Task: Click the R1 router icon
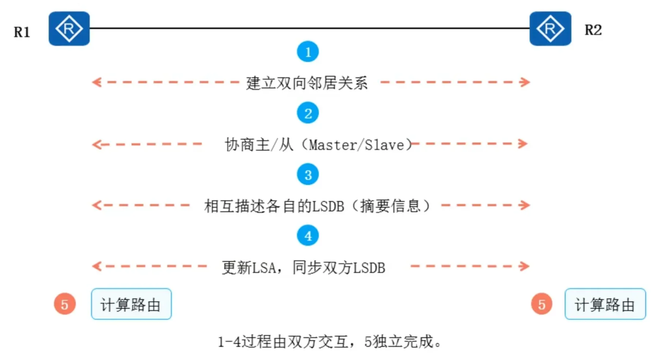coord(69,29)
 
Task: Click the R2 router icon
coord(550,29)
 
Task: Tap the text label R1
coord(22,32)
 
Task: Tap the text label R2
coord(593,30)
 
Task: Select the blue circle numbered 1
coord(308,52)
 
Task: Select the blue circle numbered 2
coord(308,113)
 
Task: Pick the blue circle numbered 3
coord(308,175)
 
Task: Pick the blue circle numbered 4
coord(308,236)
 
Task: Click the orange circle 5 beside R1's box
coord(65,304)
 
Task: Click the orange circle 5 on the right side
coord(542,304)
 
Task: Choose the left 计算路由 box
coord(131,304)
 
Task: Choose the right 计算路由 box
coord(605,304)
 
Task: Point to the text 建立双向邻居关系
coord(307,83)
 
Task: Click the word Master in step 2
coord(332,145)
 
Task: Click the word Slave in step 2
coord(385,145)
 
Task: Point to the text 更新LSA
coord(249,268)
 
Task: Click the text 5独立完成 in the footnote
coord(399,342)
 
